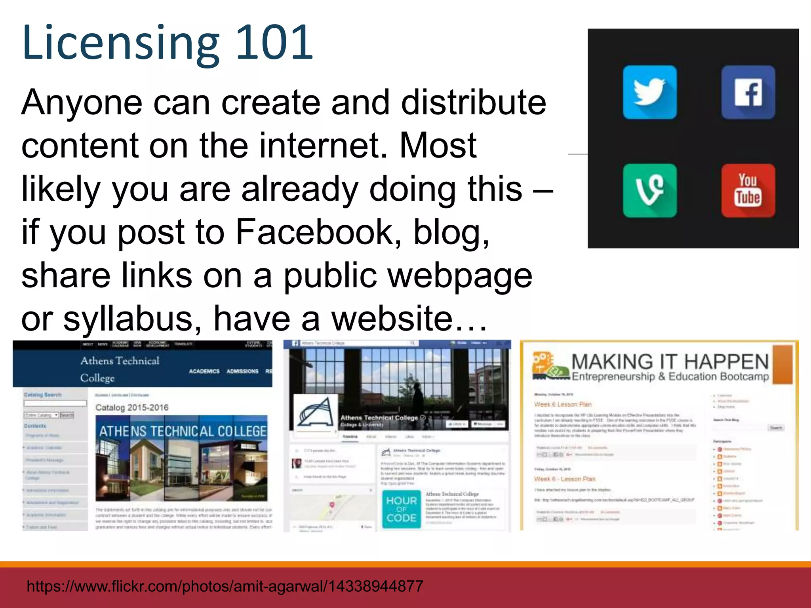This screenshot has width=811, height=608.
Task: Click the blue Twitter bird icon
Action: pos(649,92)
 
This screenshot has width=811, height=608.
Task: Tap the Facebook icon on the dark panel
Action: pos(748,92)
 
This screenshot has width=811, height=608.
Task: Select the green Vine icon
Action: pos(649,190)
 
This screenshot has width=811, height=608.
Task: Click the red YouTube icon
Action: pos(748,190)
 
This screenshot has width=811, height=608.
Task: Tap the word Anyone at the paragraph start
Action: pos(82,102)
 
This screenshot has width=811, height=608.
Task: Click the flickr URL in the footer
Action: pos(225,586)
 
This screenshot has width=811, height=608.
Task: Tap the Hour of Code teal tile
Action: pos(401,509)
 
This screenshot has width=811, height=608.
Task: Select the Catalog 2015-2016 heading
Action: pos(132,407)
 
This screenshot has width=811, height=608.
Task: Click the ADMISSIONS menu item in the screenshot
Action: pos(242,371)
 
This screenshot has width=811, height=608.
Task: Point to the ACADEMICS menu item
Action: pos(204,371)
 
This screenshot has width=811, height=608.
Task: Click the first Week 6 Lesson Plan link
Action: pos(563,404)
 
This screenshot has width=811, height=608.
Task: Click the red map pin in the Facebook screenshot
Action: pos(332,505)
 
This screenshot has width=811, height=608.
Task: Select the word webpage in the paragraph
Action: pos(460,275)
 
